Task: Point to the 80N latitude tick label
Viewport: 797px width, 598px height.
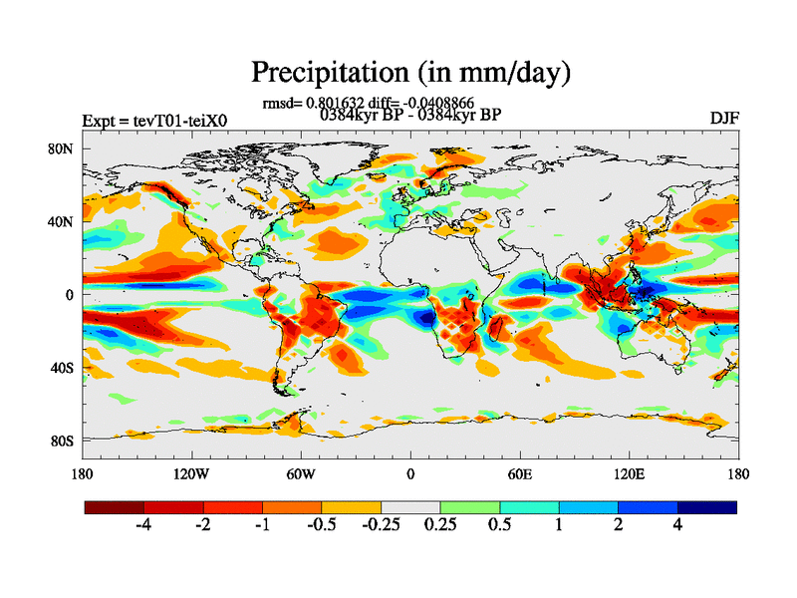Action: tap(63, 149)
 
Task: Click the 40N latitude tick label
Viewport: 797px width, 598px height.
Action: tap(63, 222)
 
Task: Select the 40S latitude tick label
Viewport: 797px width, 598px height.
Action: tap(63, 368)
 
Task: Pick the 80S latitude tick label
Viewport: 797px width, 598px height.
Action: tap(63, 441)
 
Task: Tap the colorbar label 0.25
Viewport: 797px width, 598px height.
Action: tap(439, 526)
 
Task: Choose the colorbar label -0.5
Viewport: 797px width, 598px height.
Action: tap(320, 526)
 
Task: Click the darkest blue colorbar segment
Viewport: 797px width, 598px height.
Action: tap(707, 507)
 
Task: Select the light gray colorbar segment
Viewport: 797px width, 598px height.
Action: tap(410, 507)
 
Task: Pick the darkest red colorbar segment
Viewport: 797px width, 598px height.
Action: tap(115, 507)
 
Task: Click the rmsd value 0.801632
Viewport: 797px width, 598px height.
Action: tap(333, 103)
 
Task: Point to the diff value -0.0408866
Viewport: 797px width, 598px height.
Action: tap(436, 103)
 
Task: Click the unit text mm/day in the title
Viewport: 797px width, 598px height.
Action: tap(506, 74)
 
